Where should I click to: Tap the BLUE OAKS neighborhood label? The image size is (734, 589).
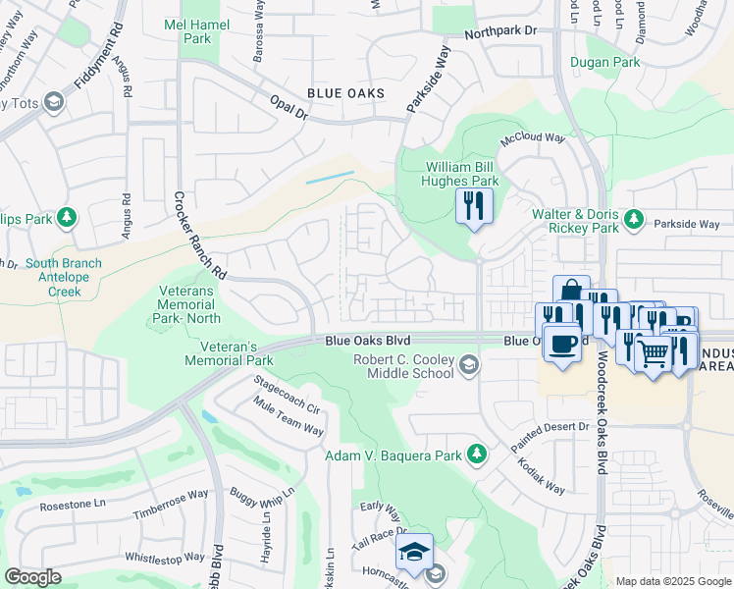pyautogui.click(x=344, y=93)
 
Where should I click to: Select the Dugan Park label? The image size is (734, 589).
pyautogui.click(x=605, y=62)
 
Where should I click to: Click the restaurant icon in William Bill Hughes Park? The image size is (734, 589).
pyautogui.click(x=473, y=205)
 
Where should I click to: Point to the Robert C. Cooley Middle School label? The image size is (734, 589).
pyautogui.click(x=405, y=366)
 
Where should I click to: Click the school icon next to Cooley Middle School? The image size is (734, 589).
pyautogui.click(x=469, y=366)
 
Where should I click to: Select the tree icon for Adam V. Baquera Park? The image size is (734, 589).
pyautogui.click(x=476, y=454)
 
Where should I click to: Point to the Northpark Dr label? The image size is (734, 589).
pyautogui.click(x=502, y=31)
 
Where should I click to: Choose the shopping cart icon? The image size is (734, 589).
pyautogui.click(x=653, y=353)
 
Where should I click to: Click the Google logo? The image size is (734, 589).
pyautogui.click(x=33, y=576)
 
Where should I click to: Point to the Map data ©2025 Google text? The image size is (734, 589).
pyautogui.click(x=673, y=581)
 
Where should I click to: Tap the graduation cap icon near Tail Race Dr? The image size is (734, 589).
pyautogui.click(x=414, y=549)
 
